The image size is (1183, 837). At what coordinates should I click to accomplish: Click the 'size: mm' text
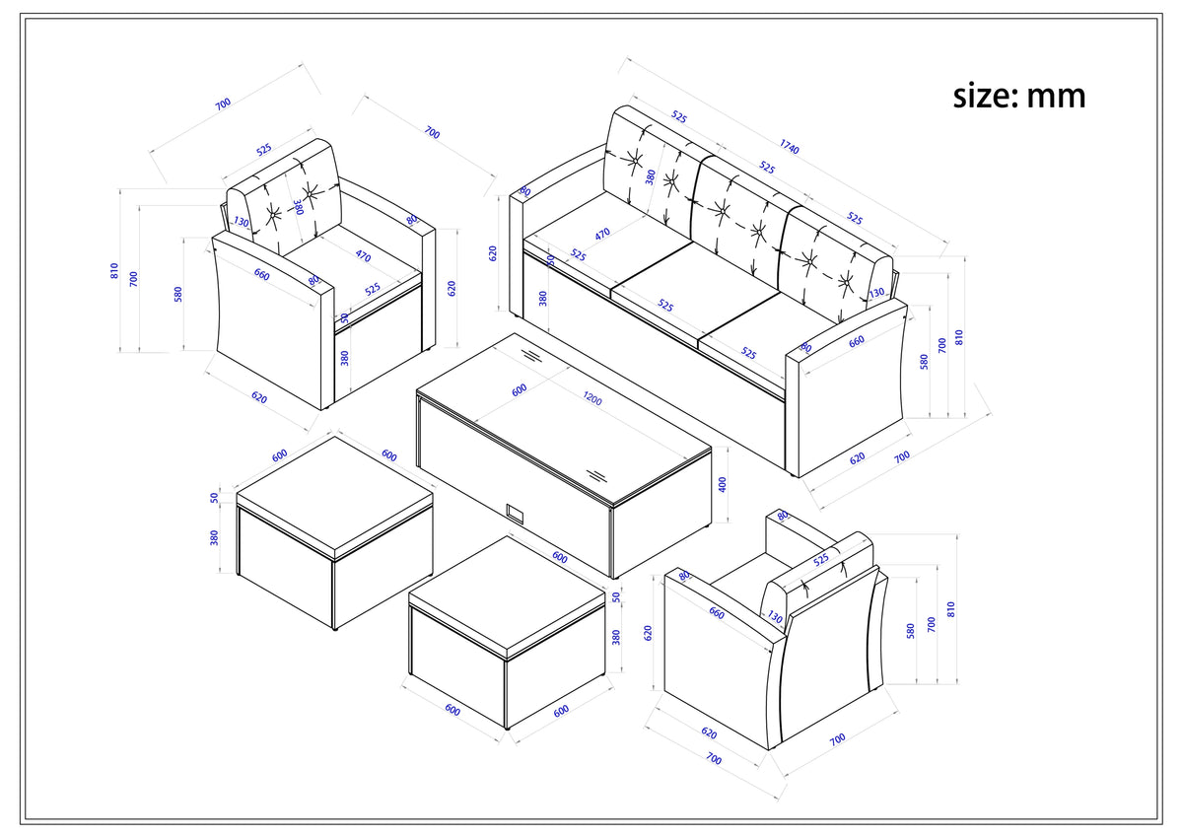pyautogui.click(x=1019, y=96)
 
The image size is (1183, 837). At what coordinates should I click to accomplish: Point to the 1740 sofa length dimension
pyautogui.click(x=789, y=146)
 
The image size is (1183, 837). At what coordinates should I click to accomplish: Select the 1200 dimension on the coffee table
pyautogui.click(x=592, y=398)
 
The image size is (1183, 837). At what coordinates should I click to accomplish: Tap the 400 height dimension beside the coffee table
pyautogui.click(x=723, y=484)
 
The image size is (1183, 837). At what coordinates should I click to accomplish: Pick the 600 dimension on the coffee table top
pyautogui.click(x=520, y=389)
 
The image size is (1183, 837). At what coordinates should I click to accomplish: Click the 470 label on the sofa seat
pyautogui.click(x=602, y=234)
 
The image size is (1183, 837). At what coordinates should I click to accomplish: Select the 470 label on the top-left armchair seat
pyautogui.click(x=363, y=255)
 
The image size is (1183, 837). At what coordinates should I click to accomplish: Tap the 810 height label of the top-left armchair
pyautogui.click(x=114, y=271)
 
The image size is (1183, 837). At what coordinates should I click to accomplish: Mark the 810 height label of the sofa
pyautogui.click(x=959, y=337)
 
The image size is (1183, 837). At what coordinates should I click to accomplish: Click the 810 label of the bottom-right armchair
pyautogui.click(x=950, y=609)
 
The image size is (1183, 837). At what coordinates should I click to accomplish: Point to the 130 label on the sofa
pyautogui.click(x=876, y=292)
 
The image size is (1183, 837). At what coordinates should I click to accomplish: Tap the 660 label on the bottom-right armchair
pyautogui.click(x=716, y=612)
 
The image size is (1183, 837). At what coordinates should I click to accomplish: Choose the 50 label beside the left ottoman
pyautogui.click(x=214, y=498)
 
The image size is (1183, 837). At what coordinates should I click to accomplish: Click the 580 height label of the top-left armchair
pyautogui.click(x=178, y=294)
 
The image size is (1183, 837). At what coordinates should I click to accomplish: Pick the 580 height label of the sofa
pyautogui.click(x=924, y=362)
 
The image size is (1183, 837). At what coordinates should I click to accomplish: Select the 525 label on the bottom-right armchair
pyautogui.click(x=820, y=560)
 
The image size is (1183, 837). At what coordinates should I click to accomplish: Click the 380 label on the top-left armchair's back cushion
pyautogui.click(x=299, y=207)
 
